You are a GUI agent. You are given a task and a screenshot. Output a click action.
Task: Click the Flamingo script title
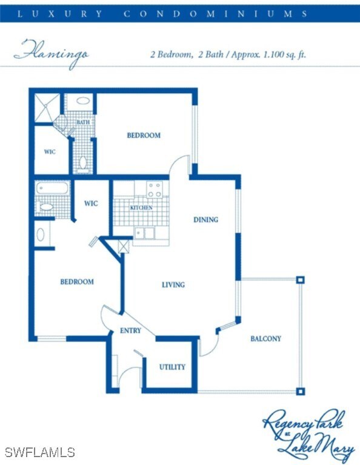pyautogui.click(x=51, y=53)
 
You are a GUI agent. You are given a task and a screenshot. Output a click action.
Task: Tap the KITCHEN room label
pyautogui.click(x=141, y=208)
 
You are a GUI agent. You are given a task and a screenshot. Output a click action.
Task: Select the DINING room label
pyautogui.click(x=205, y=220)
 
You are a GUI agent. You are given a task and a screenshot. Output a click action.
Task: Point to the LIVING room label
pyautogui.click(x=173, y=285)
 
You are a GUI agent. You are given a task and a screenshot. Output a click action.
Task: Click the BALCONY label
pyautogui.click(x=265, y=338)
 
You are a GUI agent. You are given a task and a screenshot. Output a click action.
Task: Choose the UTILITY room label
pyautogui.click(x=172, y=367)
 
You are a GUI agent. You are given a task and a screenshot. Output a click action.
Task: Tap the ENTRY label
pyautogui.click(x=130, y=331)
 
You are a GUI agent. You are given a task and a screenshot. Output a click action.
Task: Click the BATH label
pyautogui.click(x=83, y=123)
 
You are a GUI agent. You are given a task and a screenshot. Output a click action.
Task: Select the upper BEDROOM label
pyautogui.click(x=144, y=135)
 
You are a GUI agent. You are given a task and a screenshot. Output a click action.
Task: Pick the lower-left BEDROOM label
pyautogui.click(x=77, y=282)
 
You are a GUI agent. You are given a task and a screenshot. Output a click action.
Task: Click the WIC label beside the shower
pyautogui.click(x=50, y=151)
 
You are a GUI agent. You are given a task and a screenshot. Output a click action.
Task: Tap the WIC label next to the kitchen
pyautogui.click(x=91, y=203)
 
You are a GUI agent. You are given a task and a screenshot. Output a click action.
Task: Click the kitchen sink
pyautogui.click(x=144, y=232)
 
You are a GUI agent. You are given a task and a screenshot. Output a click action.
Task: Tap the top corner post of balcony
pyautogui.click(x=299, y=280)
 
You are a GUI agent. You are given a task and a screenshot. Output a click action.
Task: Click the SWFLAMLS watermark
pyautogui.click(x=39, y=452)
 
